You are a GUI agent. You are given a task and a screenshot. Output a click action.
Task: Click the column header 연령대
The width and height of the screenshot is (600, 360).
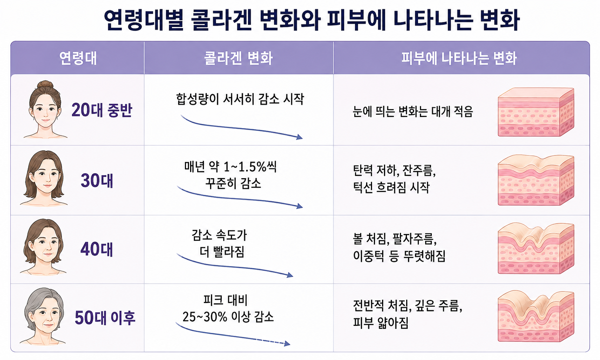pos(78,58)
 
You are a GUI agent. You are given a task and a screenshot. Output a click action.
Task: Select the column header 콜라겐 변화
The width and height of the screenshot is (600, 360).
pos(238,58)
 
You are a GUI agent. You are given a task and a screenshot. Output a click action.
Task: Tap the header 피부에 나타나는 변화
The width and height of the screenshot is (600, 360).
pos(459,58)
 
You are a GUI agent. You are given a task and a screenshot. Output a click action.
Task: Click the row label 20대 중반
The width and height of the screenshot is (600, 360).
pos(102,110)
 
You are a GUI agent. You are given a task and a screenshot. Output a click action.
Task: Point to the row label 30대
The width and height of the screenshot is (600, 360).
pos(97,180)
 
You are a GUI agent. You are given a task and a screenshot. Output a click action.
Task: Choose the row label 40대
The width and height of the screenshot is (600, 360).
pos(97,250)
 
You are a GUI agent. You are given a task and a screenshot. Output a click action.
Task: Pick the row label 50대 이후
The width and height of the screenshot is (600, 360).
pos(105,318)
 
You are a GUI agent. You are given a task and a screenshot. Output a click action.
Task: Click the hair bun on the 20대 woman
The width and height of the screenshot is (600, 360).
pos(45,85)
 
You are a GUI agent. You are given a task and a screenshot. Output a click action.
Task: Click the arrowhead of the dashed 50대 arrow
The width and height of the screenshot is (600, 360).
pos(287,344)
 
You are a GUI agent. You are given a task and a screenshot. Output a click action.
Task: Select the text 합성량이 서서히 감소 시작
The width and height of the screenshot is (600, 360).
pos(240,99)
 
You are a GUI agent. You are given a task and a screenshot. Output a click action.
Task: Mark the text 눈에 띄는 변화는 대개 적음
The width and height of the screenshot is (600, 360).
pos(413,111)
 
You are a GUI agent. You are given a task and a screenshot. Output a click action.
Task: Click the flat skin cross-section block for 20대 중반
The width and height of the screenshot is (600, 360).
pos(536,112)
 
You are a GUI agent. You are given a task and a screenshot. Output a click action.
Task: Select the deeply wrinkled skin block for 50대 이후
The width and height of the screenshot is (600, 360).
pos(536,316)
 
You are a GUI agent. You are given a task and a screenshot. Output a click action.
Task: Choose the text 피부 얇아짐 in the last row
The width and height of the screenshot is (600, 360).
pos(381,323)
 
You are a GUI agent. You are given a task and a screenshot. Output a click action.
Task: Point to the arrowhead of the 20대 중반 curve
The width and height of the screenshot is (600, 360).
pos(299,137)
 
